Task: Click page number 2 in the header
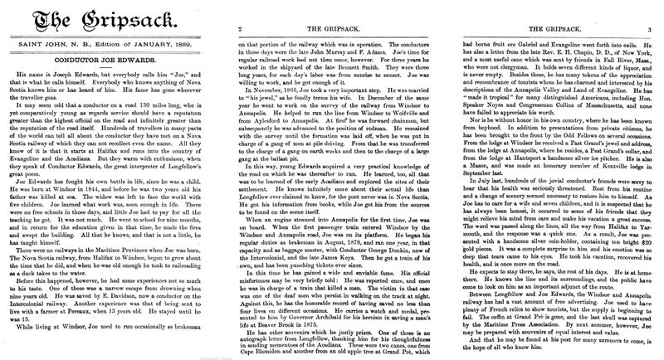[x=240, y=27]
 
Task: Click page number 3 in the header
[x=652, y=27]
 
